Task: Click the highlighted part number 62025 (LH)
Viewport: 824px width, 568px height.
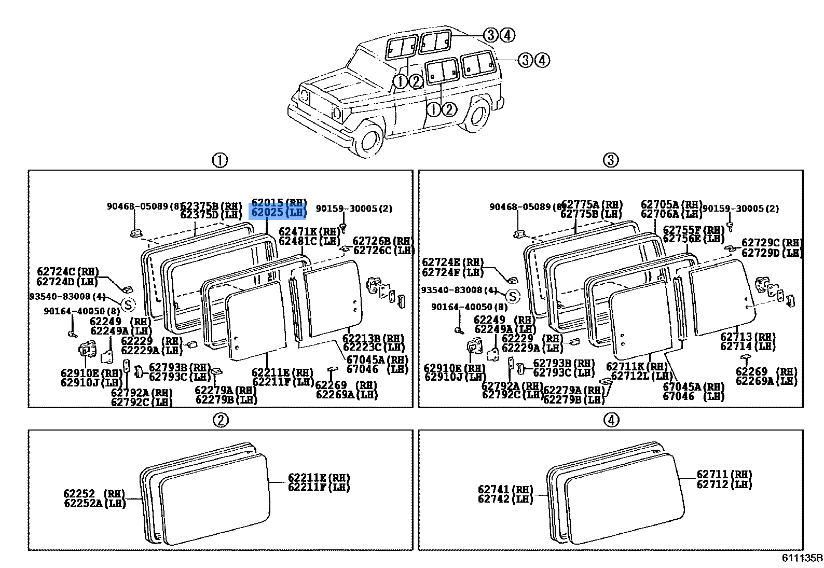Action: pos(279,213)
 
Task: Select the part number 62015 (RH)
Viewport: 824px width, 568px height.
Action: pos(279,203)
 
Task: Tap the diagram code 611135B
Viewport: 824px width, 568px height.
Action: pos(802,559)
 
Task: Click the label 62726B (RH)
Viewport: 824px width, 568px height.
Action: pos(383,241)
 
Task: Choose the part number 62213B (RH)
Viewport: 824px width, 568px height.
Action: pos(373,338)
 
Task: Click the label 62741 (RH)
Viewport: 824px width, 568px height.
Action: pos(505,489)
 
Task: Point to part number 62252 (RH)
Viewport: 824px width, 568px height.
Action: pos(93,493)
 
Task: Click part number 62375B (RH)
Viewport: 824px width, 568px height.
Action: pos(211,205)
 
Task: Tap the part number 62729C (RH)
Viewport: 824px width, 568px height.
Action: pos(772,243)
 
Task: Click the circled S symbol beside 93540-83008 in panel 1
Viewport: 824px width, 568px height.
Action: pos(128,304)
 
